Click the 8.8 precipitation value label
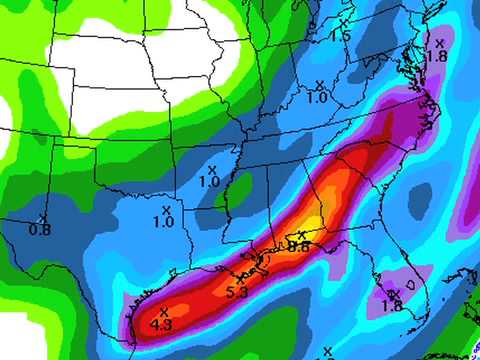[x=299, y=246]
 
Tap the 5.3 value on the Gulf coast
[x=237, y=293]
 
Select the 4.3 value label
[x=161, y=325]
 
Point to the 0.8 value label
[x=40, y=230]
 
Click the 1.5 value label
[x=341, y=36]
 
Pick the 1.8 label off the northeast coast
[x=436, y=56]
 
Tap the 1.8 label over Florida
[x=392, y=306]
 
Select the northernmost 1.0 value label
[x=318, y=98]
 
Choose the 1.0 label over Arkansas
[x=209, y=182]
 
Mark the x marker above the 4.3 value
[x=163, y=313]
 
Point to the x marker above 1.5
[x=343, y=22]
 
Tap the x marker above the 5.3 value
[x=241, y=280]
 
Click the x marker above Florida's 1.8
[x=393, y=293]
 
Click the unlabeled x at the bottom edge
[x=328, y=351]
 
